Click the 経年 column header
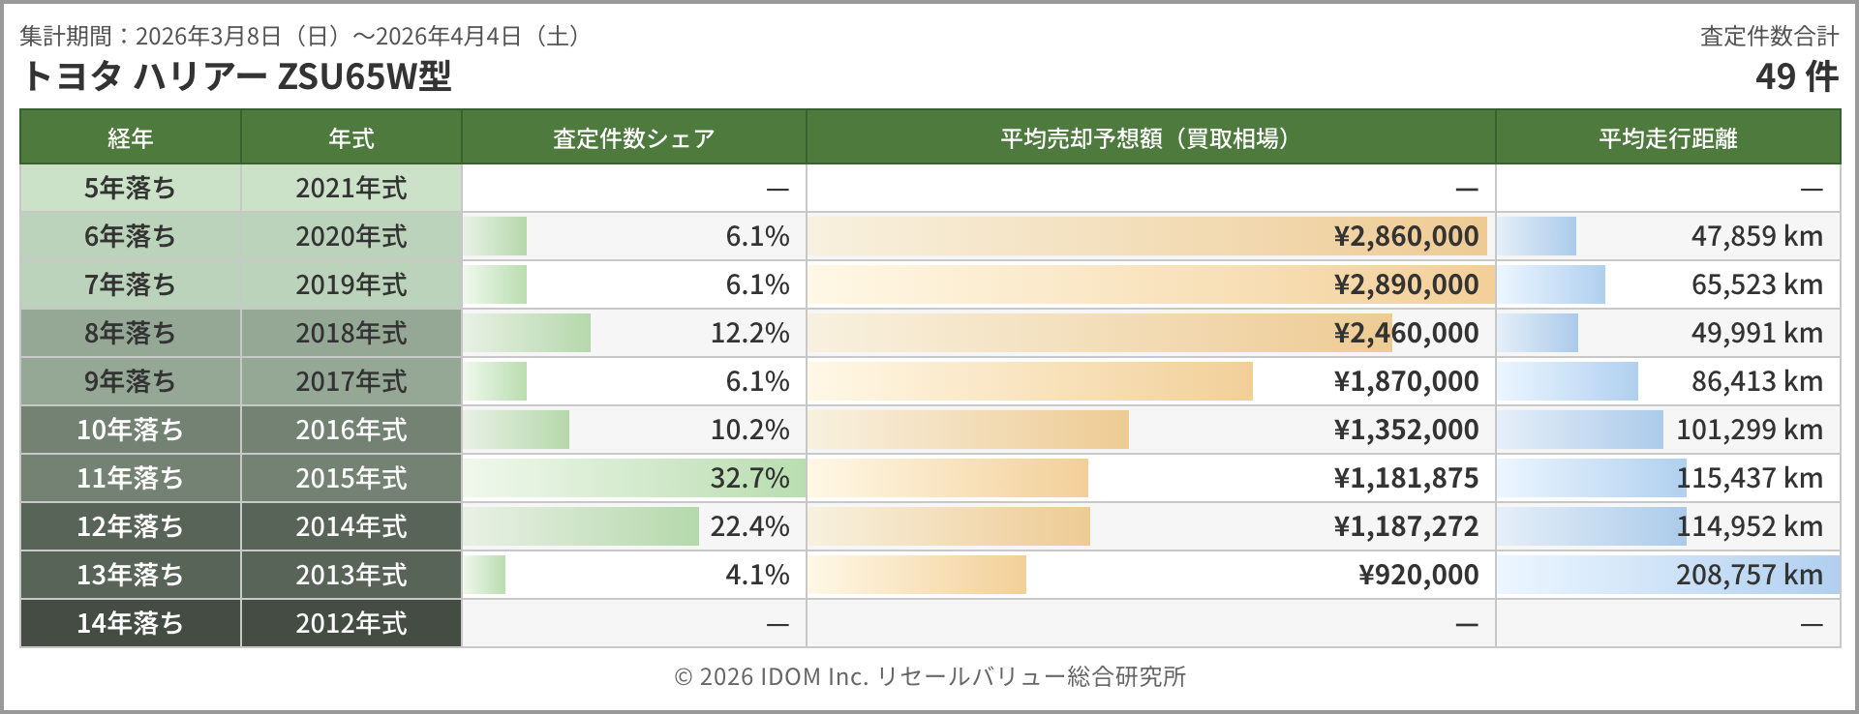(x=130, y=138)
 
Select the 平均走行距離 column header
(x=1667, y=138)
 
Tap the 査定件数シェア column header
(x=633, y=138)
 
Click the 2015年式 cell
(x=350, y=478)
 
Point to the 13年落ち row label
(x=130, y=575)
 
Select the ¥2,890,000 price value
(x=1406, y=284)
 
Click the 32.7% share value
(x=749, y=478)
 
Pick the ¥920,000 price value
(x=1418, y=575)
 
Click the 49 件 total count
(x=1796, y=76)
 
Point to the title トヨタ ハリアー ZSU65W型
(x=235, y=76)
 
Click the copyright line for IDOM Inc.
(x=929, y=676)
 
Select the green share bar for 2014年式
(x=581, y=526)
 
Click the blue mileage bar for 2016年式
(x=1580, y=430)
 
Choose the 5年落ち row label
(x=130, y=188)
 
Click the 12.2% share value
(x=749, y=333)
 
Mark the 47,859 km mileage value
(x=1756, y=236)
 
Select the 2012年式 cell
(x=350, y=623)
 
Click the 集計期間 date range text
(x=300, y=37)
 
